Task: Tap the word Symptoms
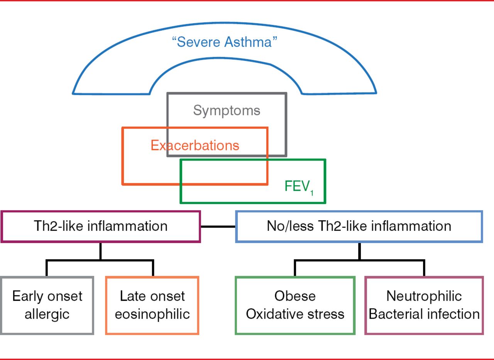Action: click(x=227, y=111)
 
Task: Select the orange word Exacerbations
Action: click(x=195, y=145)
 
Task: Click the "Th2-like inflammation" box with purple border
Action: click(x=100, y=226)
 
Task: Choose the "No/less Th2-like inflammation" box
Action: click(x=359, y=226)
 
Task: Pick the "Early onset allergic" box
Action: click(x=47, y=305)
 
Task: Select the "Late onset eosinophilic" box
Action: click(x=152, y=305)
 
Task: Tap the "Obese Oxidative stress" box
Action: click(x=295, y=305)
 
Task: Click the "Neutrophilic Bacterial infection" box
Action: click(x=424, y=305)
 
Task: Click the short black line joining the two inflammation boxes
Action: click(x=218, y=226)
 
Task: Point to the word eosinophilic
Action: click(x=152, y=314)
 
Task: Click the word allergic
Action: click(x=47, y=314)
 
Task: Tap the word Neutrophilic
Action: click(x=424, y=296)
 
